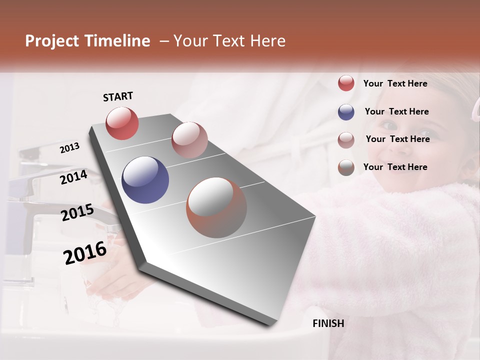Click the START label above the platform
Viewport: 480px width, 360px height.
[118, 96]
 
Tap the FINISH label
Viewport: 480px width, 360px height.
[328, 323]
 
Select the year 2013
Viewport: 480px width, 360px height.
[69, 148]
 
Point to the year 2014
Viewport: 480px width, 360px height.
[73, 177]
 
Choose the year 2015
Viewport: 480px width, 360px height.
[77, 212]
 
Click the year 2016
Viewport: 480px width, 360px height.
[85, 252]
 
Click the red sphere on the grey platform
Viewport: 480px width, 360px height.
[122, 123]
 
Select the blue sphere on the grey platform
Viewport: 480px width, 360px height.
[145, 180]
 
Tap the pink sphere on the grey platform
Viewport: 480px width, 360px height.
[189, 140]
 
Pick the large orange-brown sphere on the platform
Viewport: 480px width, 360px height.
[216, 207]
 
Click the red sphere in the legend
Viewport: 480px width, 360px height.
[346, 83]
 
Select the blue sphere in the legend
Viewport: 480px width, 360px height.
[346, 112]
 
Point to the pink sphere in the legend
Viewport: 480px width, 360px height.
[346, 140]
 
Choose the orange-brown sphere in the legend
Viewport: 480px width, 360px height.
[346, 167]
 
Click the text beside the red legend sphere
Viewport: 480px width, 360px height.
[395, 83]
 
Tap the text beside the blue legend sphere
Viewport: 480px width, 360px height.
[396, 111]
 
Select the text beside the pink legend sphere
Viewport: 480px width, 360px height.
[397, 139]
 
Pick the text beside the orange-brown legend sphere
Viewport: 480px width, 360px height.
[395, 167]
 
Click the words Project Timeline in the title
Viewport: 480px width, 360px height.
[87, 41]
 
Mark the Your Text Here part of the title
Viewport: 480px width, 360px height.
[229, 41]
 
